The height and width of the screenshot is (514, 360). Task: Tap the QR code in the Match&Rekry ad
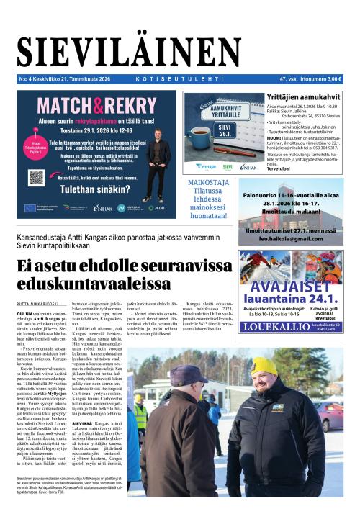(x=37, y=177)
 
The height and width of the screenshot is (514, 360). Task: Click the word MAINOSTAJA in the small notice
(x=207, y=182)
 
